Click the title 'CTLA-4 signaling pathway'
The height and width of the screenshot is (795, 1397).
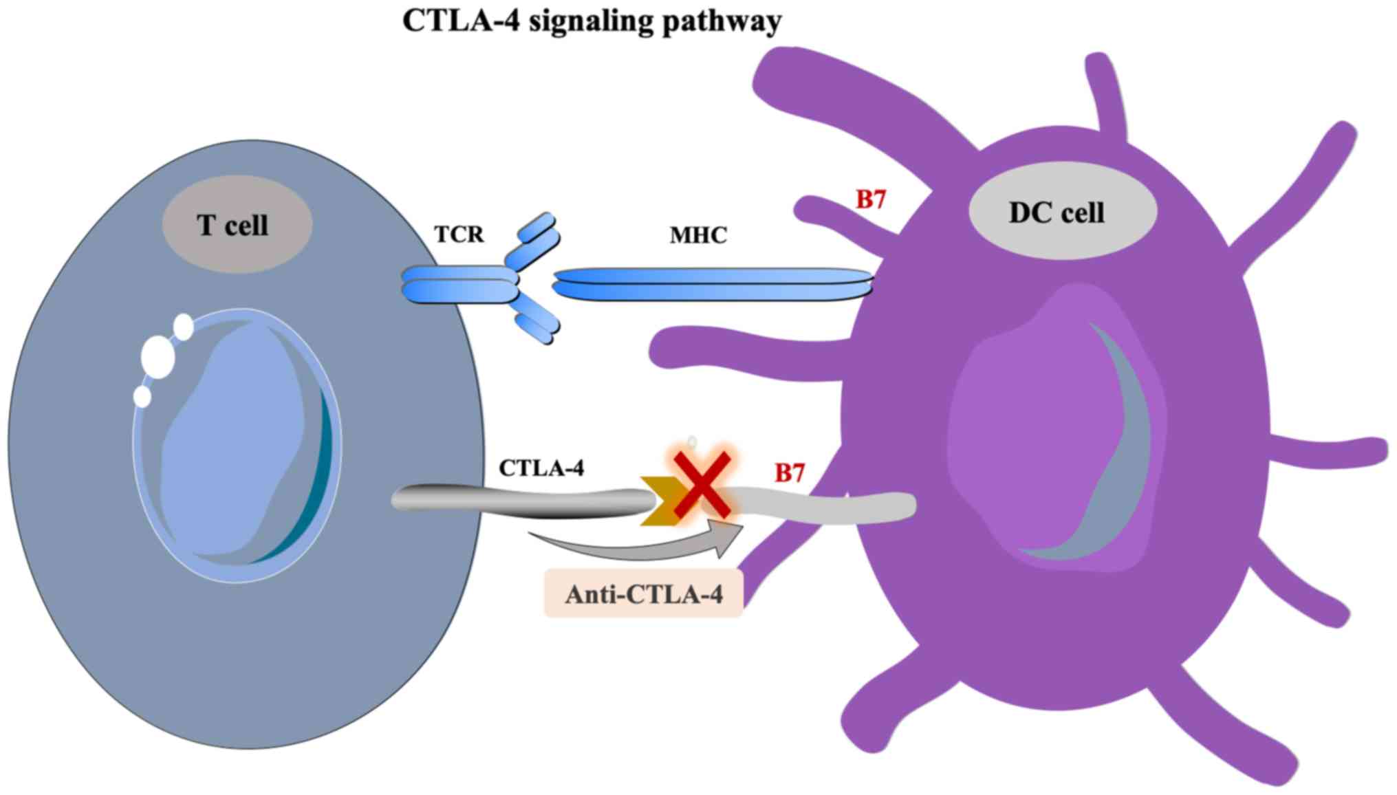[592, 21]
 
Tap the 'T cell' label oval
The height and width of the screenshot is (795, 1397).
[237, 224]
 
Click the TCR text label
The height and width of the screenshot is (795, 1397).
[459, 235]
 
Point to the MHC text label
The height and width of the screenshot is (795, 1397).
[698, 235]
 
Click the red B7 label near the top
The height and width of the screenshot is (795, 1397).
[870, 199]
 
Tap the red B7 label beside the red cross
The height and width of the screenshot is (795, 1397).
[790, 473]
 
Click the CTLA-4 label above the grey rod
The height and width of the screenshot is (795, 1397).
[541, 468]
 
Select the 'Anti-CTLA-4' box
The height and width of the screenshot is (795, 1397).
[643, 593]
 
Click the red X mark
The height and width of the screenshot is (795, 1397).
[702, 485]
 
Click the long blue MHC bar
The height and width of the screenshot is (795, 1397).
[712, 284]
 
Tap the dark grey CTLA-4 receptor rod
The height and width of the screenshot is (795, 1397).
[523, 500]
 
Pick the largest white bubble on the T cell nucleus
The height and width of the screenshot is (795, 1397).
[158, 356]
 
